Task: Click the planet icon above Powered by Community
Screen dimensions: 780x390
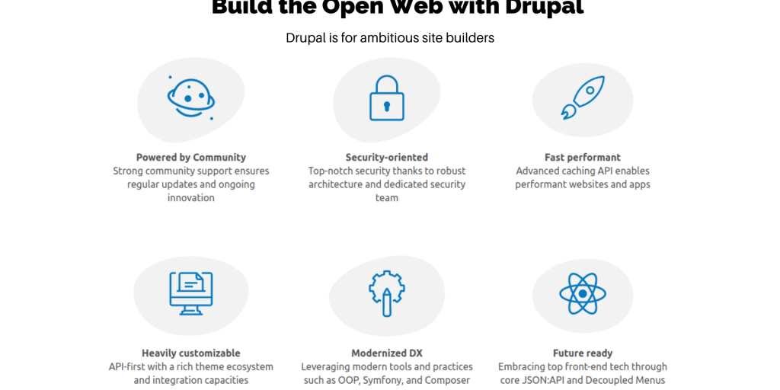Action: [191, 98]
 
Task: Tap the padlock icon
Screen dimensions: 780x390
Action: [386, 98]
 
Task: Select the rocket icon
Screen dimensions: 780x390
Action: [583, 98]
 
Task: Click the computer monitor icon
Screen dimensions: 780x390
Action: [191, 293]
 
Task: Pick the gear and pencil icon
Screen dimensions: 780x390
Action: [386, 293]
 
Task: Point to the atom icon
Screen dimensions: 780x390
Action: [583, 293]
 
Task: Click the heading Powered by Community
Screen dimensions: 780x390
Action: [191, 157]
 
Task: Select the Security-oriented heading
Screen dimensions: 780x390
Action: [386, 157]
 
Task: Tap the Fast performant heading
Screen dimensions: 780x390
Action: [583, 157]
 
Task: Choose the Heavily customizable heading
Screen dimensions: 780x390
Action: [191, 353]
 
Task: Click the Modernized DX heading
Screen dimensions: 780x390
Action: [386, 353]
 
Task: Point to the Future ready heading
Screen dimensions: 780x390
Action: [583, 353]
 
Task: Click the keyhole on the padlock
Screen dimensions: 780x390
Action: [386, 107]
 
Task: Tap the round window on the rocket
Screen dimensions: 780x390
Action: [590, 91]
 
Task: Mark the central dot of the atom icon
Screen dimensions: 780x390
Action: [583, 293]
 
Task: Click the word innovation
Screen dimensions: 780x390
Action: [191, 197]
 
